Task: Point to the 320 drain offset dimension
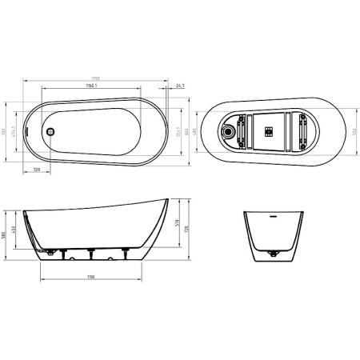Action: click(x=37, y=170)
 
